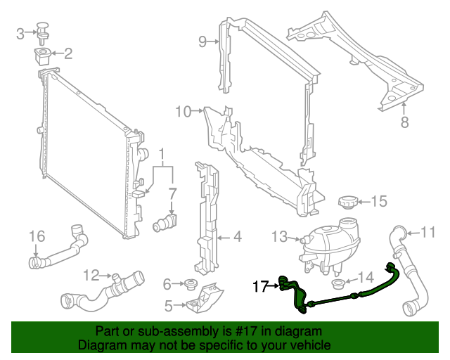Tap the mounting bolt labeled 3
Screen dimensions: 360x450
pyautogui.click(x=46, y=30)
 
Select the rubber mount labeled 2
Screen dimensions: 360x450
pyautogui.click(x=45, y=54)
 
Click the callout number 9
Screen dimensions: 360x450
pyautogui.click(x=202, y=42)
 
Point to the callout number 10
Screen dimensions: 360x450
pyautogui.click(x=183, y=111)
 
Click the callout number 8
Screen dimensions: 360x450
pyautogui.click(x=404, y=122)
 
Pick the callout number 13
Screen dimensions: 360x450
pyautogui.click(x=279, y=237)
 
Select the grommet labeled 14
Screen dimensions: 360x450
pyautogui.click(x=337, y=285)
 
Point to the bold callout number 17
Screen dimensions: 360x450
pyautogui.click(x=260, y=286)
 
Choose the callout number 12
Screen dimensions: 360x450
pyautogui.click(x=91, y=274)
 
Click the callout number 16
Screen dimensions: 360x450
pyautogui.click(x=37, y=235)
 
